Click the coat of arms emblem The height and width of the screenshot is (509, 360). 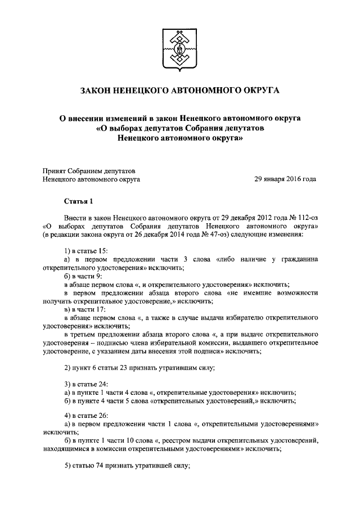pyautogui.click(x=179, y=49)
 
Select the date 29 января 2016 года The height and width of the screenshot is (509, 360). pyautogui.click(x=285, y=179)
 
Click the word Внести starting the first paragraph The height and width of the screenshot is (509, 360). pyautogui.click(x=76, y=216)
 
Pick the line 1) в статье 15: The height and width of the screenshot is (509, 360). pyautogui.click(x=86, y=250)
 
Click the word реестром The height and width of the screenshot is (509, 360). pyautogui.click(x=193, y=440)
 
